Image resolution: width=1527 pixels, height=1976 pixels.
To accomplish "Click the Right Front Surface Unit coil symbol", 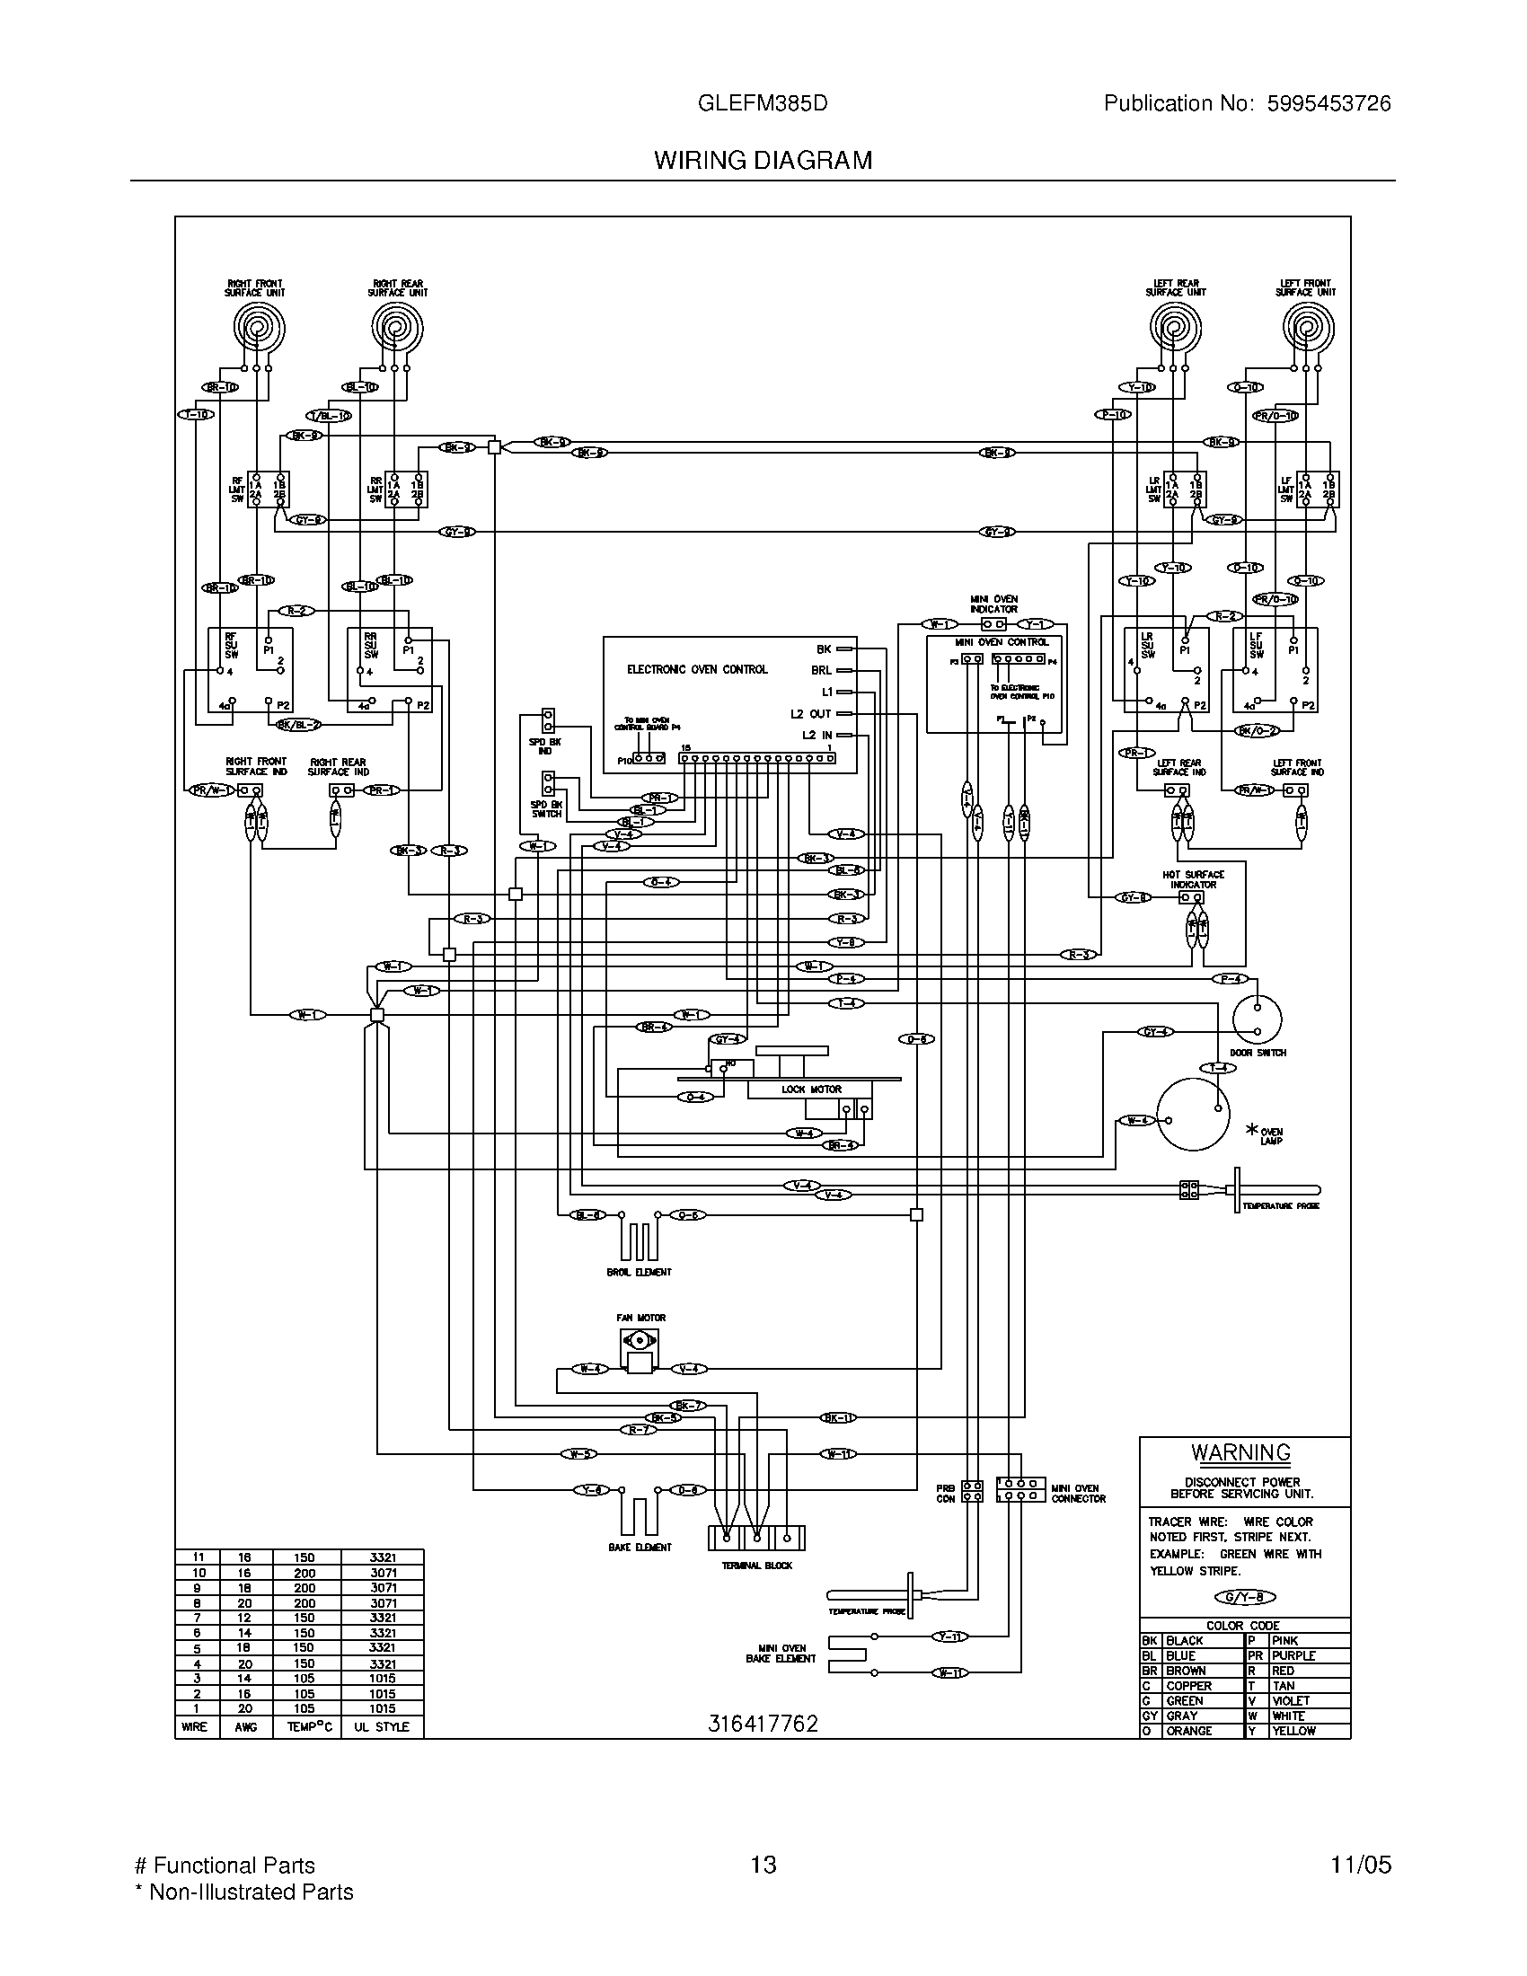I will [259, 327].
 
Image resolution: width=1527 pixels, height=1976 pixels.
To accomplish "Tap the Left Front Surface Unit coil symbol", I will [1308, 327].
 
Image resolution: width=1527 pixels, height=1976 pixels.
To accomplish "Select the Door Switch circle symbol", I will [1257, 1019].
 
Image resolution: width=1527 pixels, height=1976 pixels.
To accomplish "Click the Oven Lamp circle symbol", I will [1193, 1115].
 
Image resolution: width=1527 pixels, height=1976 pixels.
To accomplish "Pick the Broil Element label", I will [639, 1272].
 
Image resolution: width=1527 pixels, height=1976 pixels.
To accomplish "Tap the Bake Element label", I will [640, 1548].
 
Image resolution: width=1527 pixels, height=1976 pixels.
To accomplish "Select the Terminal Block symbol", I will [756, 1537].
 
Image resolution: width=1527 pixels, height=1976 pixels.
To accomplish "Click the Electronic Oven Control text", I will [696, 669].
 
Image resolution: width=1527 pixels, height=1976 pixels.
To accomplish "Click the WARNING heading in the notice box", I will [1240, 1452].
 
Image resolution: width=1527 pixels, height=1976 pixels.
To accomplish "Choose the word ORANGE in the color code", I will [1188, 1730].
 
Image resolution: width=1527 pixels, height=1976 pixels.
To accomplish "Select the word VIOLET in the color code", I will [1290, 1700].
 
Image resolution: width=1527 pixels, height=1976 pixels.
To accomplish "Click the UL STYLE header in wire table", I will [382, 1726].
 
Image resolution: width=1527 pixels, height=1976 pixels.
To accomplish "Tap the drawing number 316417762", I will [763, 1724].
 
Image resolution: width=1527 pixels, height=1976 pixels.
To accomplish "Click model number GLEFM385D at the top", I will [763, 103].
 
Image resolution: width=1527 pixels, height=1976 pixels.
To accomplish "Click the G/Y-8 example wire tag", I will [1245, 1597].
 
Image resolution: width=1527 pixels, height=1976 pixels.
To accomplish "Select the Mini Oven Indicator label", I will [993, 604].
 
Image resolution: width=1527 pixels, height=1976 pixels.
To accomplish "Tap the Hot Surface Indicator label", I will [1193, 879].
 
